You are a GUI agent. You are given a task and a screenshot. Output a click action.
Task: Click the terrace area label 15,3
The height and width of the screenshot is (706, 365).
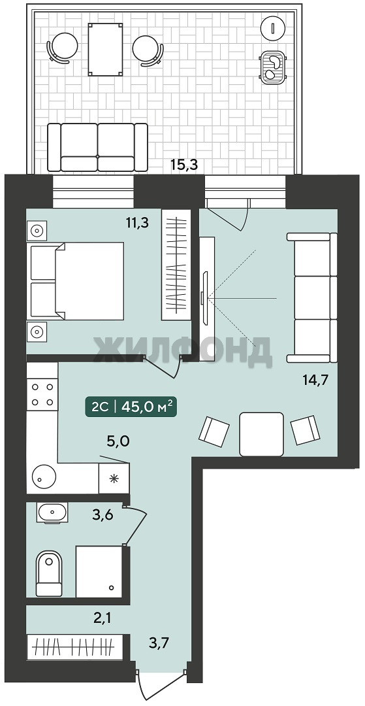(x=184, y=165)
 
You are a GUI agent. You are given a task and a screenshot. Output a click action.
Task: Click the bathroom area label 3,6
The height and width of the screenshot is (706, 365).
(x=103, y=514)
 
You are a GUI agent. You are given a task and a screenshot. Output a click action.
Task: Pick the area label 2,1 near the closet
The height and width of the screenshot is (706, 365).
(x=102, y=617)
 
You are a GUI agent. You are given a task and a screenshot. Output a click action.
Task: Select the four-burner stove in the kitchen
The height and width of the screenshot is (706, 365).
(x=42, y=394)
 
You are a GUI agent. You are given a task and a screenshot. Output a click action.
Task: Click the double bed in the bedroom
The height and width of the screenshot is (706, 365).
(x=76, y=280)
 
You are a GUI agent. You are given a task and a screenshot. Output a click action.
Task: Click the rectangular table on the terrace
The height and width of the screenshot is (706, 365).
(x=106, y=49)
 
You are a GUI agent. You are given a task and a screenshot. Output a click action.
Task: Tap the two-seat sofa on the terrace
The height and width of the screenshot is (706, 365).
(x=97, y=147)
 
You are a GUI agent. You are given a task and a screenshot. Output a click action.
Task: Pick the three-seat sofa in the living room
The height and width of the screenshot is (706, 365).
(x=312, y=297)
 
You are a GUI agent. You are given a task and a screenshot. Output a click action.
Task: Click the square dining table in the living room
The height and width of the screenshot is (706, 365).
(x=262, y=434)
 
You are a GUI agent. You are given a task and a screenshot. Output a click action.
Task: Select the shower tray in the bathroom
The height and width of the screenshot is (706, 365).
(x=99, y=571)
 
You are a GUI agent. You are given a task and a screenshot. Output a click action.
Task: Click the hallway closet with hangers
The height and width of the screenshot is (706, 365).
(x=75, y=647)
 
